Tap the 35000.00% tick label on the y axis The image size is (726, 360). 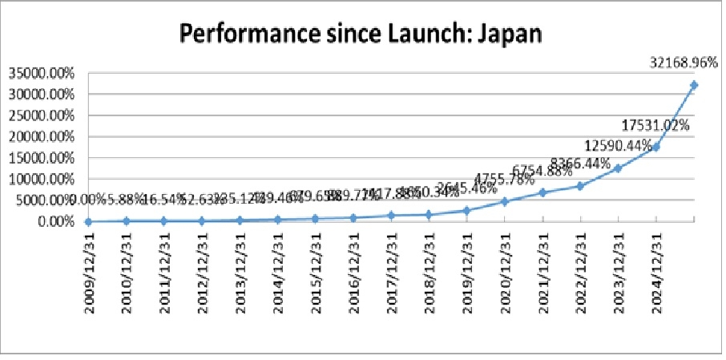(x=41, y=73)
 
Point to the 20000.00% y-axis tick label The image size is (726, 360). (x=41, y=137)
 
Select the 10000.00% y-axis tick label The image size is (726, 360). (x=41, y=180)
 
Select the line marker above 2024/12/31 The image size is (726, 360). (x=656, y=147)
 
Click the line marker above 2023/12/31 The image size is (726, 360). (x=618, y=168)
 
